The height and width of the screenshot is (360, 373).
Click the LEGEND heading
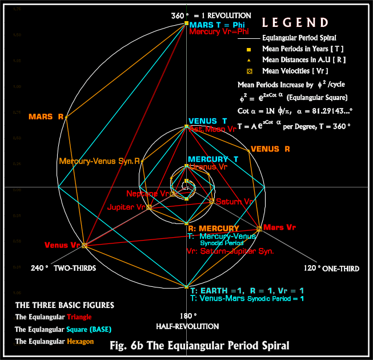(x=295, y=23)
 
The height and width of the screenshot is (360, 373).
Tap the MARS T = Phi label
(x=218, y=25)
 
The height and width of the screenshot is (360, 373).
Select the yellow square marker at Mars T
(x=186, y=23)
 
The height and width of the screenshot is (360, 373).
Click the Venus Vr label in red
(x=62, y=245)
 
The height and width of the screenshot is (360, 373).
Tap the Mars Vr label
(x=280, y=227)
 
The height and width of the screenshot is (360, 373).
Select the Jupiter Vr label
(x=125, y=207)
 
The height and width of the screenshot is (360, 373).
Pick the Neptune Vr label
(x=148, y=194)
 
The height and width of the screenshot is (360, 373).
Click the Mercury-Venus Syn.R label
(x=99, y=162)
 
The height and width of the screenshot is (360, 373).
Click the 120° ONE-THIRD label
(x=319, y=267)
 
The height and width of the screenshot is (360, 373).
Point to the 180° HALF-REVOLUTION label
(x=187, y=321)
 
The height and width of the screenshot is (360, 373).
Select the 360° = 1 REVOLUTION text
(x=211, y=15)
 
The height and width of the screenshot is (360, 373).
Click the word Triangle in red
(x=79, y=317)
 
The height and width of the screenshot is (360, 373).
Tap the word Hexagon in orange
(x=81, y=341)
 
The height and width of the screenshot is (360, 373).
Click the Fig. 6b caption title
(x=199, y=345)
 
